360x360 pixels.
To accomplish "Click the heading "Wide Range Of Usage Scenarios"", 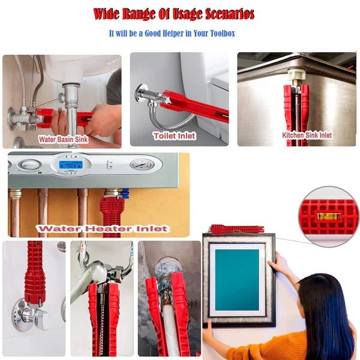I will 174,14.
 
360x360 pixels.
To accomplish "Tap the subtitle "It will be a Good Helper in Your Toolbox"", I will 172,34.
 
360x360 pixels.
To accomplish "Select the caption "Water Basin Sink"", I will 64,139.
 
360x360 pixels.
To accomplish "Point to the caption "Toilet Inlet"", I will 174,136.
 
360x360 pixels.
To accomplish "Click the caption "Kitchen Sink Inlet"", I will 307,136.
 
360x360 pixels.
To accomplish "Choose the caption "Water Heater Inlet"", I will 101,229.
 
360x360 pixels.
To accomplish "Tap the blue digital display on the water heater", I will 71,164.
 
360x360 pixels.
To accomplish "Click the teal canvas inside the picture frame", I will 237,279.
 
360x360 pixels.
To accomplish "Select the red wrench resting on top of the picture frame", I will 236,229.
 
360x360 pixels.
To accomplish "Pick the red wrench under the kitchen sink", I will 296,108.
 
